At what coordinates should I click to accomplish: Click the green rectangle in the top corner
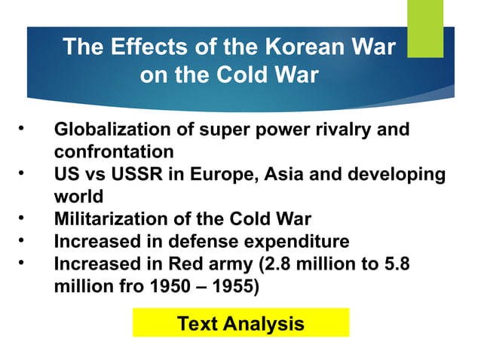pos(425,29)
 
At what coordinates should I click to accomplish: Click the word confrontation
pos(114,151)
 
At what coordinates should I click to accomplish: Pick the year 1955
pos(231,287)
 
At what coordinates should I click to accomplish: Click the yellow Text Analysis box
pos(240,323)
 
